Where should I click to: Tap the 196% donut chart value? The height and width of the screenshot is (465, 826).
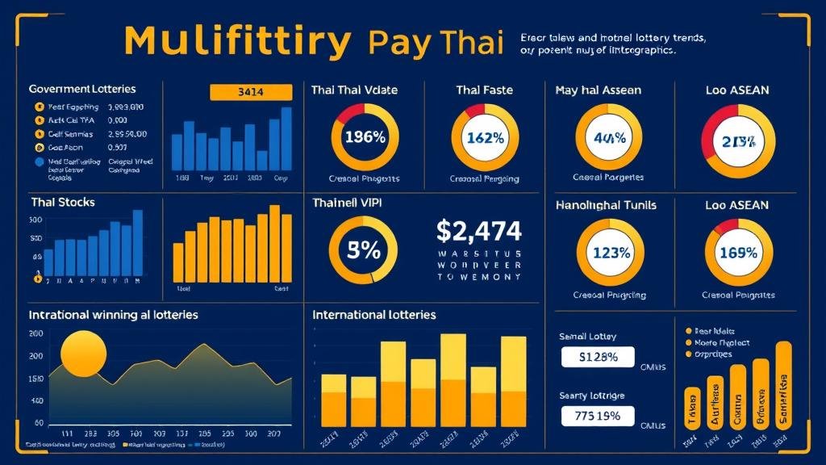365,136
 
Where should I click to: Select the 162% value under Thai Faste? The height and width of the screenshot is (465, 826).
485,137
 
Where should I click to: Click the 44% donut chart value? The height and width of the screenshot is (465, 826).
609,137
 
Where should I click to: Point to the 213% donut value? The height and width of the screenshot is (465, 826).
738,142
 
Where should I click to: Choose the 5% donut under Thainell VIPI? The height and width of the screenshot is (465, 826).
363,250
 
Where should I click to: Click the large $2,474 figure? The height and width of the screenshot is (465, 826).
478,232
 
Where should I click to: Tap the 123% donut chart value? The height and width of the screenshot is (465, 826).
609,252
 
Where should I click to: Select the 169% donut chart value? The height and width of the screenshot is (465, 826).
738,252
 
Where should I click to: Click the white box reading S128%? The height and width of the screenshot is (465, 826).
598,357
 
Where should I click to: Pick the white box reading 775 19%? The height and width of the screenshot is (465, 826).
598,417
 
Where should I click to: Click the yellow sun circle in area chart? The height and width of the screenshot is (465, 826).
84,353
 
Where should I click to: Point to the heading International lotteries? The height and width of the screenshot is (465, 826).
373,314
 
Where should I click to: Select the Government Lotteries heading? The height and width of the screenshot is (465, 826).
81,89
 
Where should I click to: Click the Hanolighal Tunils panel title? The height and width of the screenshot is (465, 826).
606,205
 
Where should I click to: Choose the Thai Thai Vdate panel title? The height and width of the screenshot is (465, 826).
354,90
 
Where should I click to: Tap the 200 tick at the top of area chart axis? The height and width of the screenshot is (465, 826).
35,333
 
